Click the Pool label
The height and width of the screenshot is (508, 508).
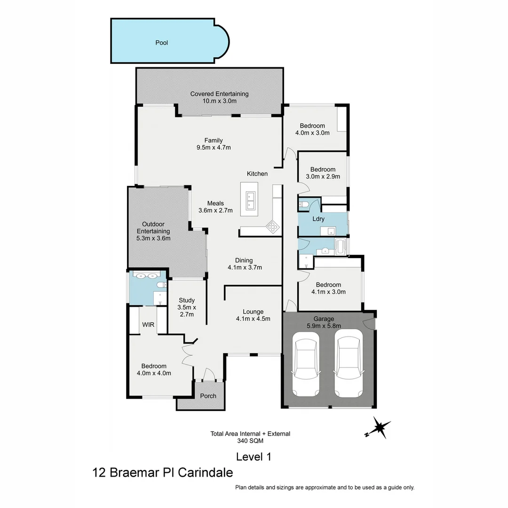(162, 43)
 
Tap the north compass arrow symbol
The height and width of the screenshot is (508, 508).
(379, 428)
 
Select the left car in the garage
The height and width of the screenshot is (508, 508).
(305, 363)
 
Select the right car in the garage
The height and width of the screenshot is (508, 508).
(348, 363)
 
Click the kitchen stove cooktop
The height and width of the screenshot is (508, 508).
(273, 227)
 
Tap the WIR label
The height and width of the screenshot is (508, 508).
(148, 325)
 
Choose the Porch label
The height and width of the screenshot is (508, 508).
(208, 396)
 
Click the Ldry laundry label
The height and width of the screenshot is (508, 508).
(318, 219)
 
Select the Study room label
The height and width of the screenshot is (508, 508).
(187, 301)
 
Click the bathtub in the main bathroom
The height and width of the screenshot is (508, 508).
(340, 246)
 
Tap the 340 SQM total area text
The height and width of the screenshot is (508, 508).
(250, 441)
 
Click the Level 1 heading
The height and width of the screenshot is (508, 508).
(254, 456)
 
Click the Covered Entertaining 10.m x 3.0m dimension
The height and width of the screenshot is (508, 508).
(219, 101)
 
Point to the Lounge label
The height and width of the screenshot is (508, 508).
(253, 311)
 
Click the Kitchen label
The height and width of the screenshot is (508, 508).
(257, 174)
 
